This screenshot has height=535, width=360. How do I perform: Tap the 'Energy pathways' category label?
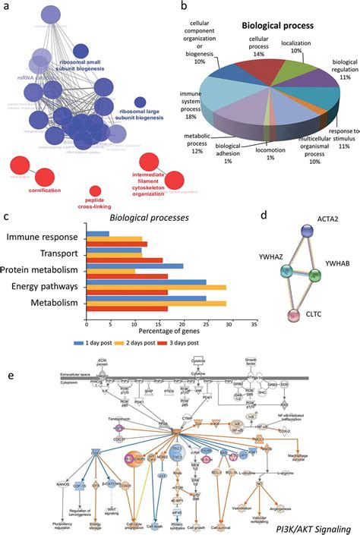click(44, 287)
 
